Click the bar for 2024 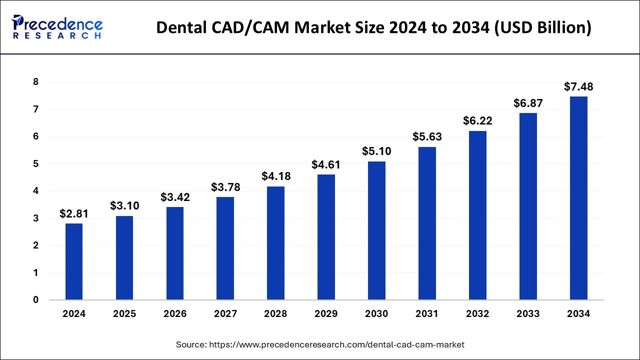[74, 261]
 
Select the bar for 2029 [326, 237]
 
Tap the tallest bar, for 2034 [578, 198]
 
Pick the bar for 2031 [427, 223]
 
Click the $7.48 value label [578, 86]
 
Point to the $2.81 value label [74, 214]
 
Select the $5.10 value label [376, 151]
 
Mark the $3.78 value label [225, 187]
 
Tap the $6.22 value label [477, 121]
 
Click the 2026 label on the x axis [175, 314]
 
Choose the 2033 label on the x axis [528, 314]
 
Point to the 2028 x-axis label [275, 314]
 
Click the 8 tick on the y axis [35, 82]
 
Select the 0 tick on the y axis [35, 300]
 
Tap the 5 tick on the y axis [35, 164]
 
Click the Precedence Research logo [57, 27]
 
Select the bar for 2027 [225, 248]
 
